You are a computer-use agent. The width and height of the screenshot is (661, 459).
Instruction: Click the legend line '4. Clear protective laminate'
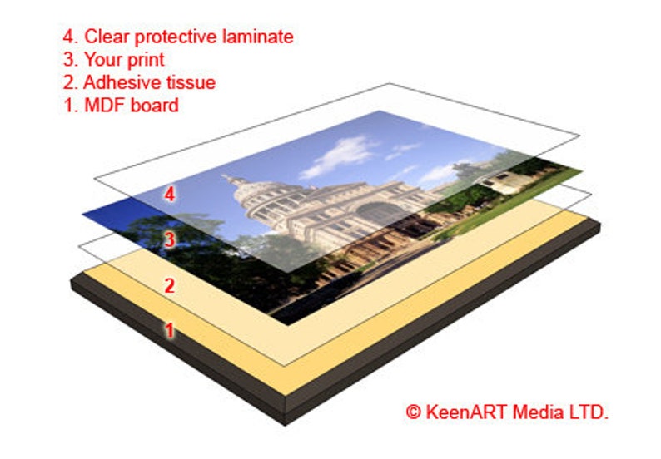point(177,37)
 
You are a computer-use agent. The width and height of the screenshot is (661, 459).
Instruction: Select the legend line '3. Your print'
point(113,60)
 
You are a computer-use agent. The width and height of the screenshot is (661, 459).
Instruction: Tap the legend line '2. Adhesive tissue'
point(138,82)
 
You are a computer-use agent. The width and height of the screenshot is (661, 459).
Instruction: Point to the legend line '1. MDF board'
point(120,106)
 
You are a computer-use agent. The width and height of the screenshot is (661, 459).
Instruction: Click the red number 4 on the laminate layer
point(170,195)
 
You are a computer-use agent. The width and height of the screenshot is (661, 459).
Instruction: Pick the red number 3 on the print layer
point(169,240)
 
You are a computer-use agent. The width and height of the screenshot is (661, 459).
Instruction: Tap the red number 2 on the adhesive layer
point(169,286)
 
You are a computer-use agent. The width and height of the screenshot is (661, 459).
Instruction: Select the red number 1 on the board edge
point(169,330)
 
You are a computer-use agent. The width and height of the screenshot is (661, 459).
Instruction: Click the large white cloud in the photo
point(341,155)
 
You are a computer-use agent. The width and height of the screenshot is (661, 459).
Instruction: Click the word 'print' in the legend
point(146,60)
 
